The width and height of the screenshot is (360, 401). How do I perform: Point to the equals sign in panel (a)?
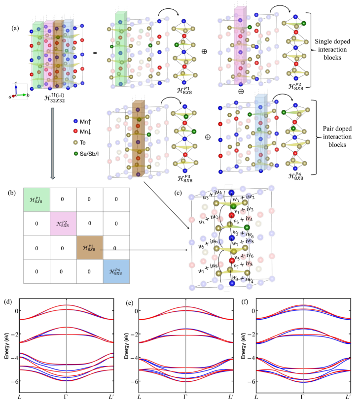click(95, 51)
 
